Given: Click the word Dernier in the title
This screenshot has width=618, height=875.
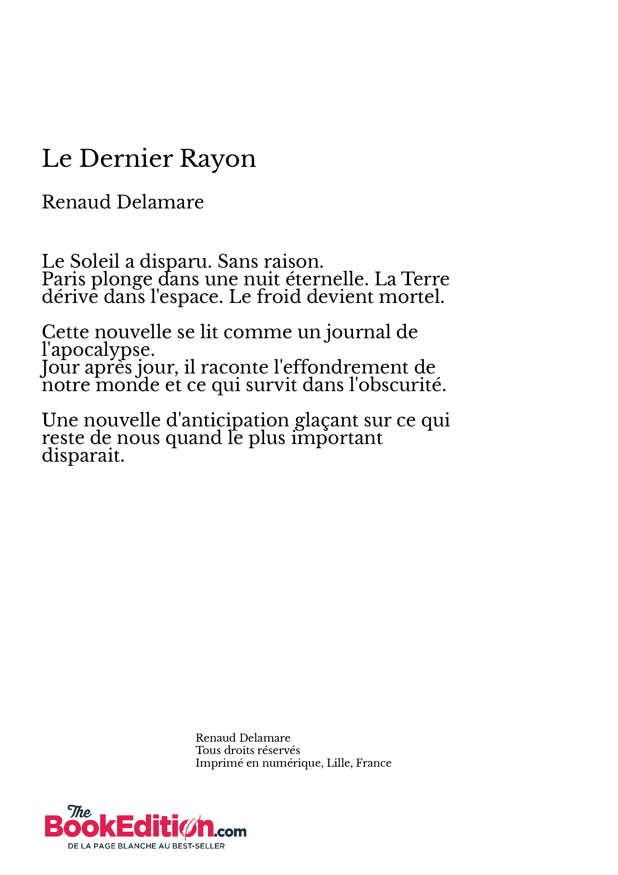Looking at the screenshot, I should point(126,159).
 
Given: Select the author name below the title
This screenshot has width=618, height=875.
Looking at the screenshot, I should point(123,202).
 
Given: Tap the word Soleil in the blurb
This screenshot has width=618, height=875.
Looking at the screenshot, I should point(95,261).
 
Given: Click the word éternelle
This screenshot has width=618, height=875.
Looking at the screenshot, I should point(327,279).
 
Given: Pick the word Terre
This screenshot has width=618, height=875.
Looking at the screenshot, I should point(426,279).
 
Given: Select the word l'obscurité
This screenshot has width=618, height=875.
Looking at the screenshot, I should point(397,385).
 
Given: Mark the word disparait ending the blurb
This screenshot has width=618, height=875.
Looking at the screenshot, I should point(83,456).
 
